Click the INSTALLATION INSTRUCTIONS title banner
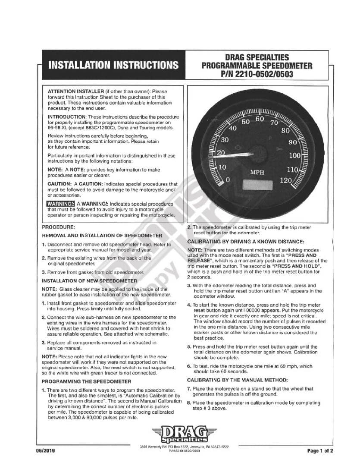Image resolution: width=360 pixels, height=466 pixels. pos(113,66)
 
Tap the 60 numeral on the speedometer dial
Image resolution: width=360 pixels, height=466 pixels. pos(260,119)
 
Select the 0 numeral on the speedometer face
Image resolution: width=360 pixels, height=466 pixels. pos(228,179)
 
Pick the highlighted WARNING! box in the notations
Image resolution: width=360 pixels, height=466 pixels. pos(61,204)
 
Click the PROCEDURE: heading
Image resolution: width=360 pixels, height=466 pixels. pos(58,227)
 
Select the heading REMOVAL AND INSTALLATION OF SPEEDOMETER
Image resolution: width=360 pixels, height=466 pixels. pos(102,236)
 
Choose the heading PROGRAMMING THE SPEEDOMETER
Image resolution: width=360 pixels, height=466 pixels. pos(86,381)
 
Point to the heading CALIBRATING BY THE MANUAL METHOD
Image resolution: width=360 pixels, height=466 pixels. pos(237,380)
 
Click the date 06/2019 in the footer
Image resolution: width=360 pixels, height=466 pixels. pos(46,451)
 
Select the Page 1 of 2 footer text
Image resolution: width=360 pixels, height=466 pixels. pos(320,451)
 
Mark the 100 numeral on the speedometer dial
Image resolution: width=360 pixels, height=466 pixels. pos(295,155)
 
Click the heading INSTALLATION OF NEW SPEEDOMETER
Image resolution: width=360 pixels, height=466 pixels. pos(89,280)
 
